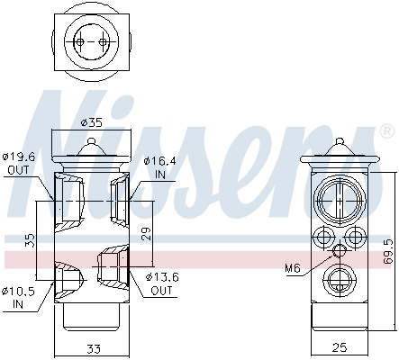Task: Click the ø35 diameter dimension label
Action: (90, 123)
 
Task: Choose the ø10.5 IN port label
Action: (19, 296)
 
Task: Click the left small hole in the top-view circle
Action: (80, 42)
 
